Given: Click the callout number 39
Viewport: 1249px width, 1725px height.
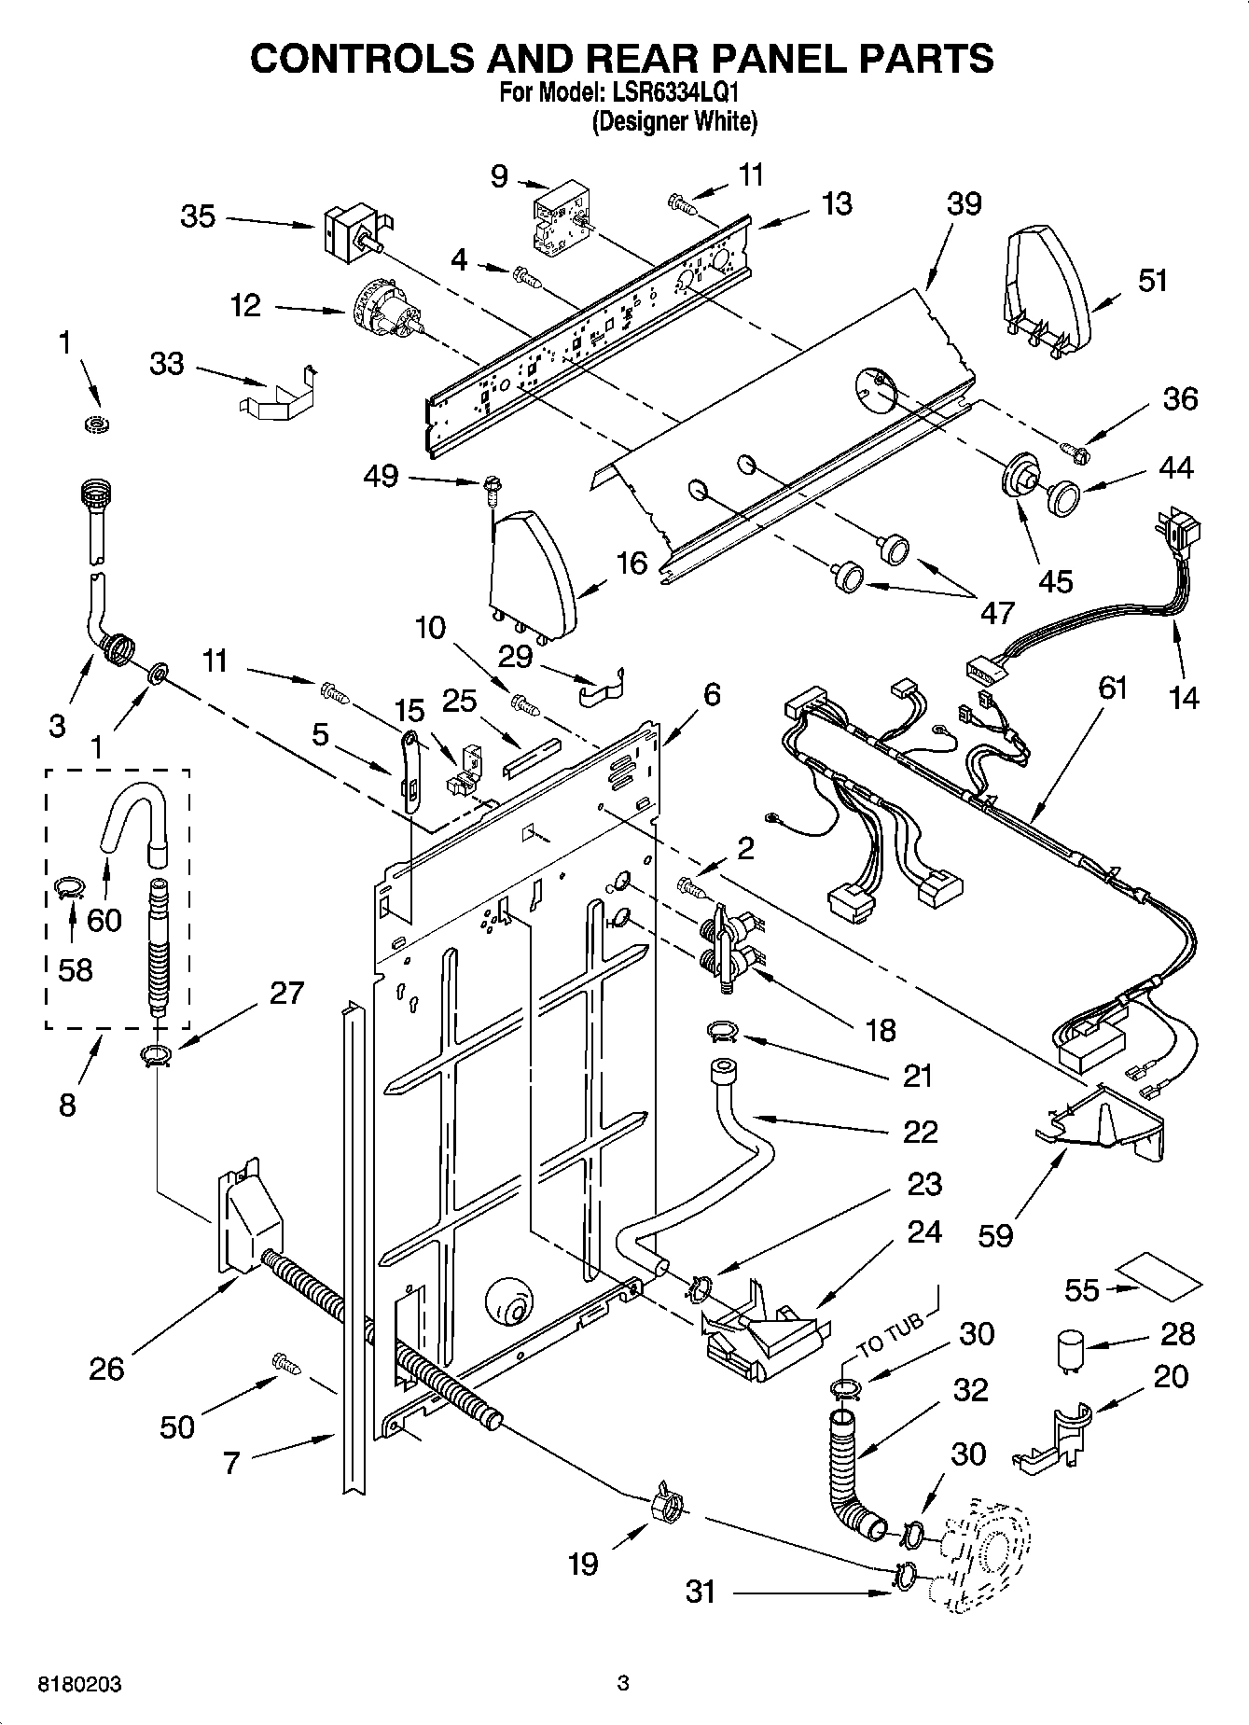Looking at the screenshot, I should tap(964, 204).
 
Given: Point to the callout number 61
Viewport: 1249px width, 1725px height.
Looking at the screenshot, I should tap(1112, 689).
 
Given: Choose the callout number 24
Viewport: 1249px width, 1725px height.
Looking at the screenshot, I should tap(924, 1232).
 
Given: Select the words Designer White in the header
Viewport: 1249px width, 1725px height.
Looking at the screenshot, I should tap(674, 121).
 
